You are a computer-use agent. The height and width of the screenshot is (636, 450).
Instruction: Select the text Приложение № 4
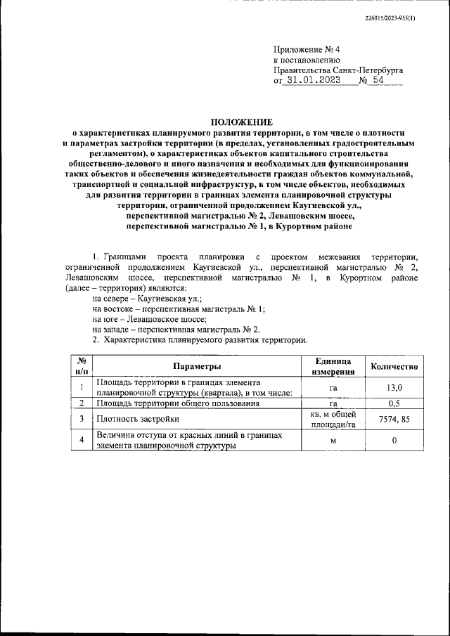(306, 50)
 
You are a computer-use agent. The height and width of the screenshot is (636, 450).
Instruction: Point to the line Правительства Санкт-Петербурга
(338, 70)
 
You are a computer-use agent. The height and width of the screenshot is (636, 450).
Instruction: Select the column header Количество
(394, 366)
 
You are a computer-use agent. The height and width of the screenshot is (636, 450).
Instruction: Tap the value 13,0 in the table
(394, 387)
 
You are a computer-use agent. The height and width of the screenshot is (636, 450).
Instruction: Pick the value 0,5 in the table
(394, 403)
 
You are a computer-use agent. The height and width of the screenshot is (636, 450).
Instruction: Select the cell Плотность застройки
(134, 420)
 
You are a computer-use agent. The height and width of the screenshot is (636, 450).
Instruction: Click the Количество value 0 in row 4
(394, 441)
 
